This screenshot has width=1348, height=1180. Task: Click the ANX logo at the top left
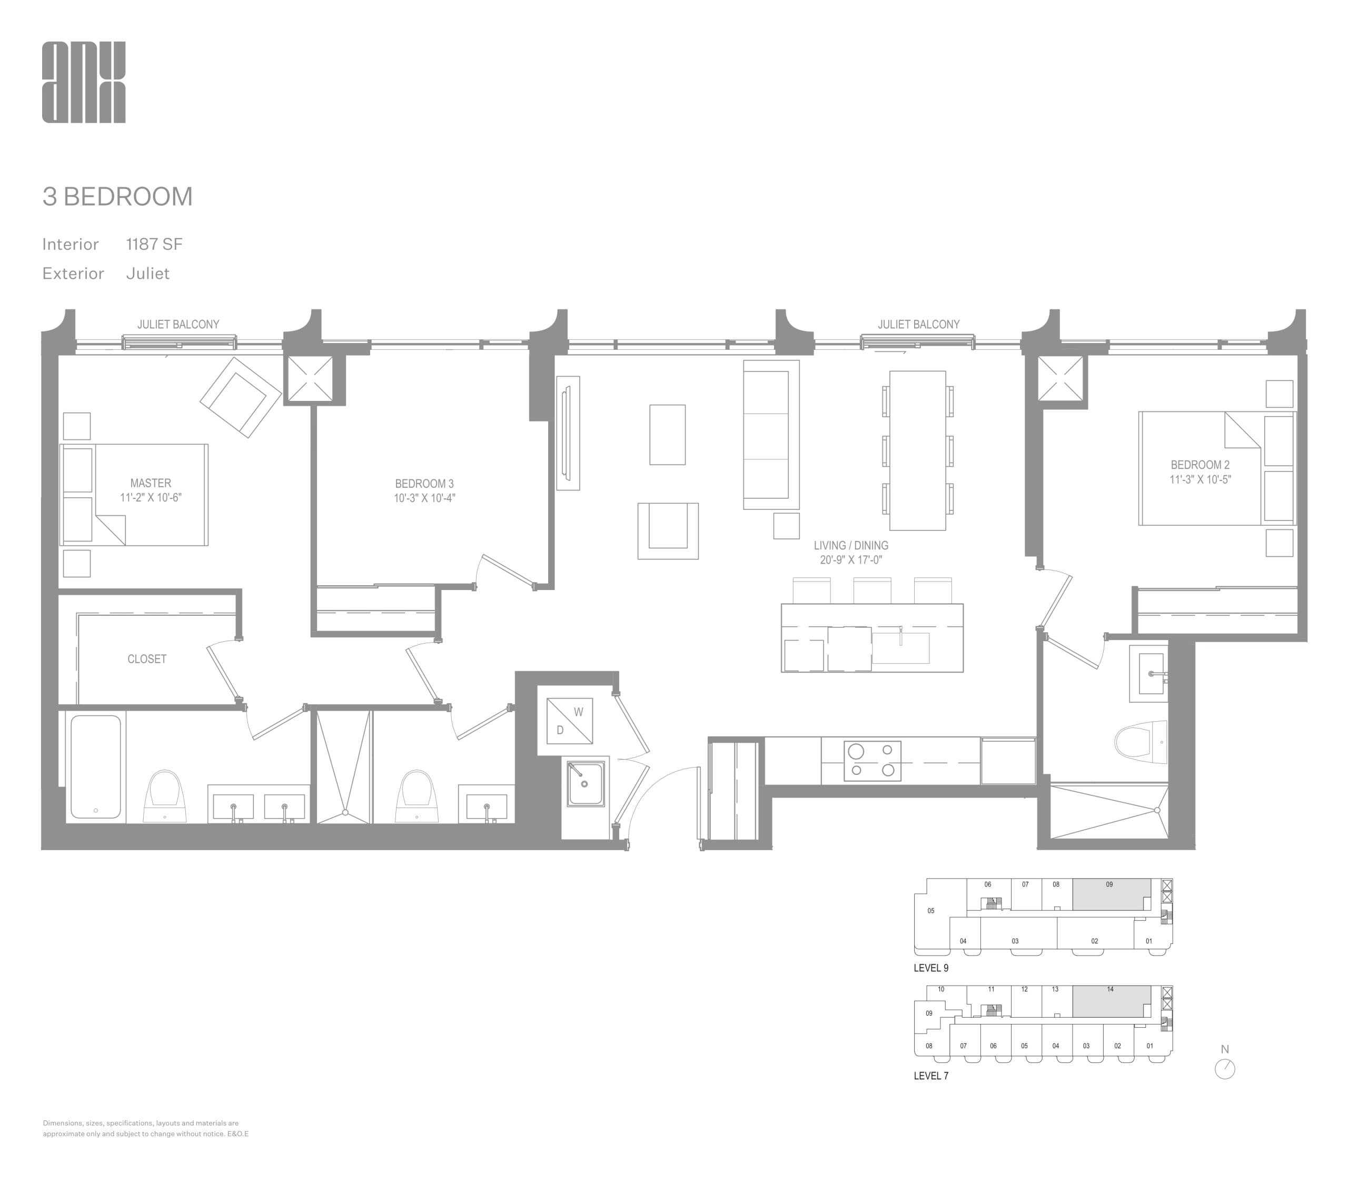84,82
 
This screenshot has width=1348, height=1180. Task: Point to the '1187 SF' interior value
154,244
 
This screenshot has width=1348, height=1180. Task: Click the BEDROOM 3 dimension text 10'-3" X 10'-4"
424,498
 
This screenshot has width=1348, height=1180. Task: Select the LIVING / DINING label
850,545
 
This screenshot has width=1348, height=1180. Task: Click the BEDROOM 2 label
1200,465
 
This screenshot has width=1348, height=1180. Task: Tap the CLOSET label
147,659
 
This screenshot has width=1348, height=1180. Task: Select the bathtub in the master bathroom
95,766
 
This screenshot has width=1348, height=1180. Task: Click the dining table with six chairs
917,450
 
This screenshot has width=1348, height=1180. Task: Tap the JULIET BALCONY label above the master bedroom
178,324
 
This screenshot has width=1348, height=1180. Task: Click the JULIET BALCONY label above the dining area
918,324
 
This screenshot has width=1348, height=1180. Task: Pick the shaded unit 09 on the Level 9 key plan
1111,895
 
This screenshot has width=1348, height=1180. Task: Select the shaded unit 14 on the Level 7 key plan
1111,1001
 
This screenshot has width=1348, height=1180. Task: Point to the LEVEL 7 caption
931,1076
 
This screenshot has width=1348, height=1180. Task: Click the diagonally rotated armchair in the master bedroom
241,397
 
